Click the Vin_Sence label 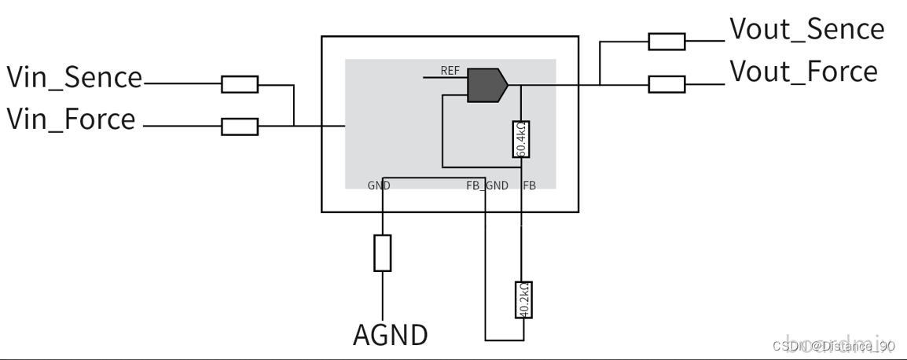[75, 78]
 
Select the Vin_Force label [71, 120]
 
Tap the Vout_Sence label [806, 30]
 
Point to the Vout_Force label [803, 72]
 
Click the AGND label [390, 336]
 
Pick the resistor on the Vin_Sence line [240, 84]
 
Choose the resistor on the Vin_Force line [240, 126]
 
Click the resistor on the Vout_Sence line [666, 42]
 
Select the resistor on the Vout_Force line [666, 84]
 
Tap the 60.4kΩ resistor [520, 139]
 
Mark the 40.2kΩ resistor [523, 299]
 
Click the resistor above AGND [382, 252]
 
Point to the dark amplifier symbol [485, 85]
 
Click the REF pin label [450, 71]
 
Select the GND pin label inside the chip [379, 186]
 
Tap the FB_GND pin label [487, 186]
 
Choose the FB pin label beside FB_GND [529, 186]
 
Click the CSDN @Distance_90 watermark [833, 345]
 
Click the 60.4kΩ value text [520, 139]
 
